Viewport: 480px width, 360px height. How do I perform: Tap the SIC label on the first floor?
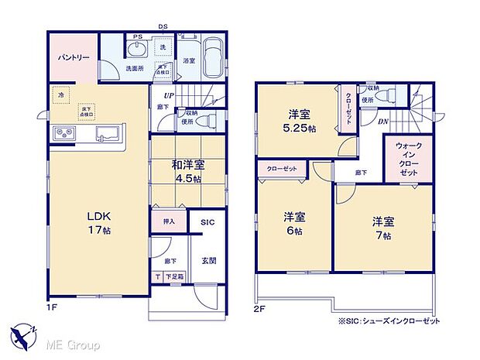click(207, 222)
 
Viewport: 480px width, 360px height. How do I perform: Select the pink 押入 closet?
click(169, 221)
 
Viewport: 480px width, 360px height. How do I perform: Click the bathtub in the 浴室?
click(214, 59)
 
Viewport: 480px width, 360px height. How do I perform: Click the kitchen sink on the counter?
click(105, 135)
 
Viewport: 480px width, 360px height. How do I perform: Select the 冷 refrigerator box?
click(61, 94)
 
